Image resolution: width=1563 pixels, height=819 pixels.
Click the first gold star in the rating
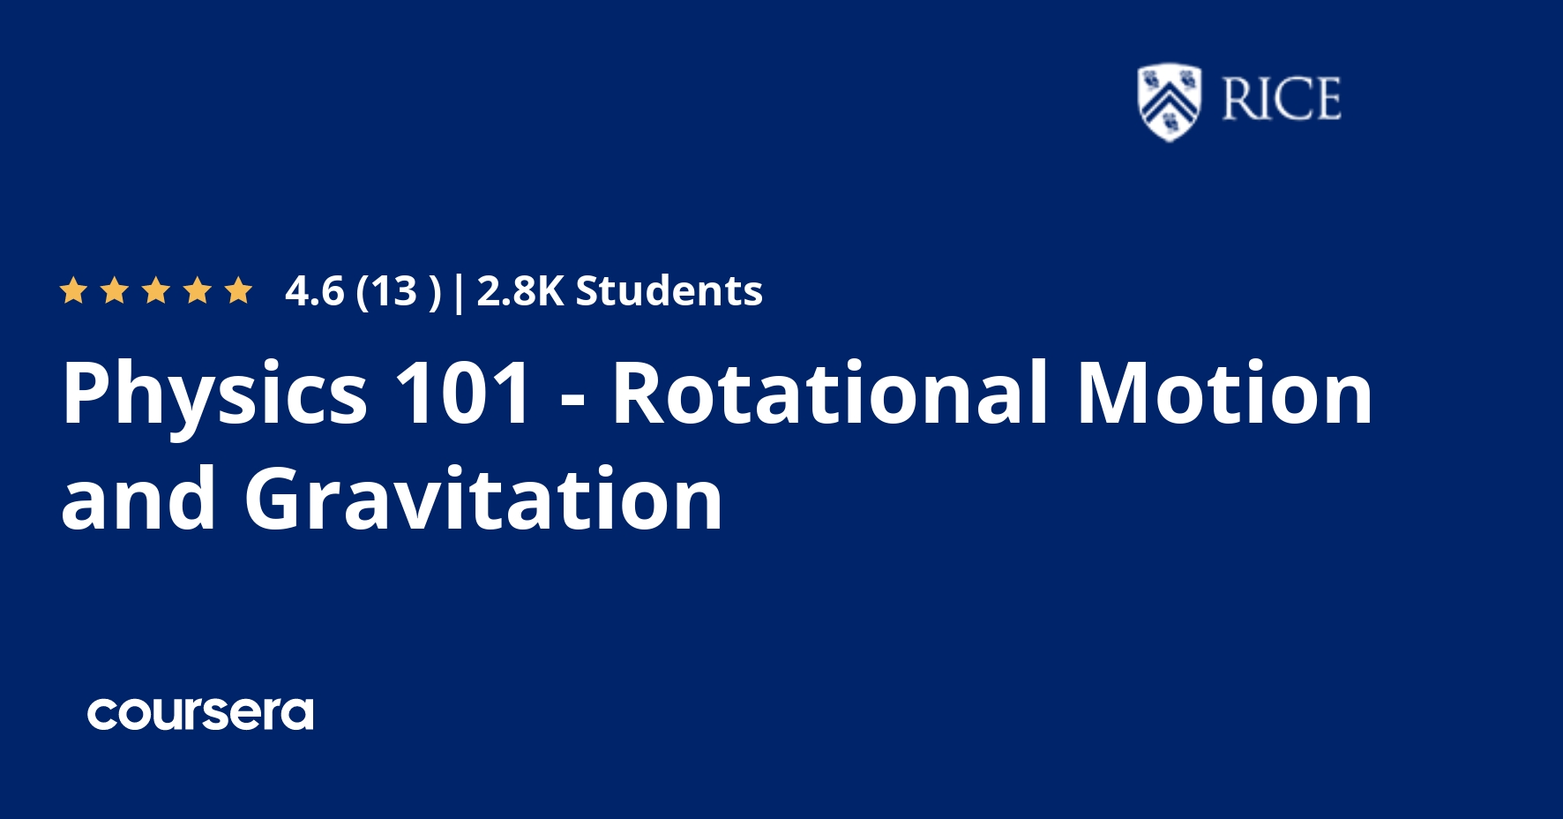pyautogui.click(x=73, y=290)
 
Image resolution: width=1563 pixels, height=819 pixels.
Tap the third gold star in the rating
pyautogui.click(x=156, y=290)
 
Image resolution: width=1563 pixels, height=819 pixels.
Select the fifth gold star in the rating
pyautogui.click(x=238, y=290)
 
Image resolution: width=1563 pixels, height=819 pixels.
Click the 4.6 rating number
pyautogui.click(x=314, y=291)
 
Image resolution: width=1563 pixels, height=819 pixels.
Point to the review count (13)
pyautogui.click(x=397, y=291)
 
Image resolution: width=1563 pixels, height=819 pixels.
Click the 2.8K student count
pyautogui.click(x=520, y=291)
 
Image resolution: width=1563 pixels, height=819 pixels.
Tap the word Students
pyautogui.click(x=669, y=291)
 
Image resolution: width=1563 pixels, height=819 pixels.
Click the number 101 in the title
pyautogui.click(x=463, y=393)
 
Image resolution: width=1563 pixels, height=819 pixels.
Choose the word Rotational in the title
pyautogui.click(x=830, y=393)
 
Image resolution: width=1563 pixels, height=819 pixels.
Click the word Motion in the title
pyautogui.click(x=1224, y=393)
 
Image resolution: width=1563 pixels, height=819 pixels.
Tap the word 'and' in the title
pyautogui.click(x=138, y=499)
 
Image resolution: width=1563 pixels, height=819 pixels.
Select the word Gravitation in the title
pyautogui.click(x=483, y=499)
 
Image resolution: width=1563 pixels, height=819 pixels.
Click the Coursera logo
pyautogui.click(x=200, y=714)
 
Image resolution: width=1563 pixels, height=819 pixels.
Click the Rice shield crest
pyautogui.click(x=1169, y=101)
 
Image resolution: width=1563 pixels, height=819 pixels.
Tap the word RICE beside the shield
pyautogui.click(x=1281, y=99)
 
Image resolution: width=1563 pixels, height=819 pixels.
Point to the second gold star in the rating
pyautogui.click(x=115, y=290)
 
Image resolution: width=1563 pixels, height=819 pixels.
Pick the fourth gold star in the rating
pyautogui.click(x=198, y=290)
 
